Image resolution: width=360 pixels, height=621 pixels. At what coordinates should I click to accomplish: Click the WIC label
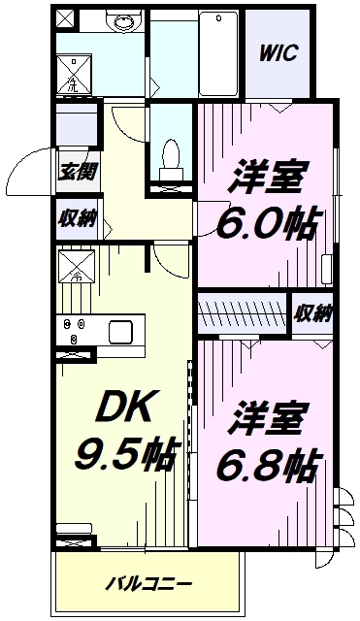pyautogui.click(x=278, y=52)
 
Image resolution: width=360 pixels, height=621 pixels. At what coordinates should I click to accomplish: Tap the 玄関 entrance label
pyautogui.click(x=78, y=172)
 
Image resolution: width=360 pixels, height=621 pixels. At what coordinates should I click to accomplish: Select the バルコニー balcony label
pyautogui.click(x=148, y=584)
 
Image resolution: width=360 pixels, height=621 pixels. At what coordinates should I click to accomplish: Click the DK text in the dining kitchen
pyautogui.click(x=125, y=408)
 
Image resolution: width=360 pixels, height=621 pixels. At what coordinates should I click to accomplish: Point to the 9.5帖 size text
pyautogui.click(x=125, y=453)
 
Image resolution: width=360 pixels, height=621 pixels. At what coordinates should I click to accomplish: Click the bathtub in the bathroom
pyautogui.click(x=218, y=53)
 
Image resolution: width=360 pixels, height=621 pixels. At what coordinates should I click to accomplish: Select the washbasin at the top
pyautogui.click(x=124, y=20)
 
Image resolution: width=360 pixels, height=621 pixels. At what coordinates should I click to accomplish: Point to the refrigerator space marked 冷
pyautogui.click(x=77, y=266)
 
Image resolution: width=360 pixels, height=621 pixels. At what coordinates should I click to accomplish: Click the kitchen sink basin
pyautogui.click(x=120, y=332)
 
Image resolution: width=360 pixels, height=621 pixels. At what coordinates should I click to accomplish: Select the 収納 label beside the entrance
pyautogui.click(x=78, y=219)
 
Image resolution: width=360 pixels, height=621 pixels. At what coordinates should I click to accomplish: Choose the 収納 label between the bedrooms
pyautogui.click(x=312, y=314)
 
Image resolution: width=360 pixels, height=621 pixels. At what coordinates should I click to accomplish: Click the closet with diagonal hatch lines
pyautogui.click(x=242, y=312)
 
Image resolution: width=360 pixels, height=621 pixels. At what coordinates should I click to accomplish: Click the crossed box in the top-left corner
pyautogui.click(x=65, y=17)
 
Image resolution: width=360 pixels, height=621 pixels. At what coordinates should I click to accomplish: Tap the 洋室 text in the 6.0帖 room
pyautogui.click(x=267, y=177)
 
